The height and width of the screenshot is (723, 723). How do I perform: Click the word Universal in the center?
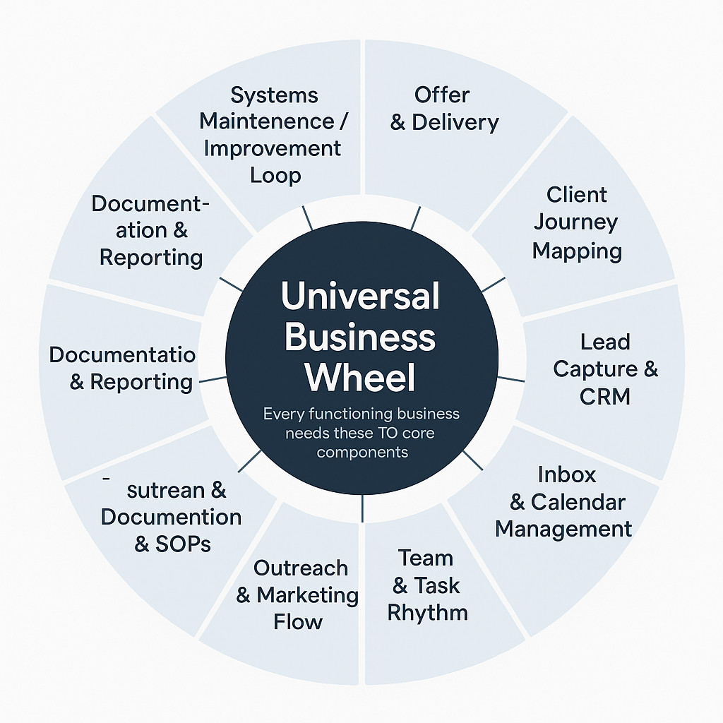tap(360, 296)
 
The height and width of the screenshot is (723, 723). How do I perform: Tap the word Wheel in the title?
tap(359, 377)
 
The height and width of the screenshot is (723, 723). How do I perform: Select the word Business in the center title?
tap(360, 337)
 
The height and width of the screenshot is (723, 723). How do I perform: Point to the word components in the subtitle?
tap(362, 453)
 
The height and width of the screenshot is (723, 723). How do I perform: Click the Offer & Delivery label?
tap(444, 108)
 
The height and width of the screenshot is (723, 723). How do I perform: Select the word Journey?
tap(576, 223)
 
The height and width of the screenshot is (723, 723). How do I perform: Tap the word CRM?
tap(604, 396)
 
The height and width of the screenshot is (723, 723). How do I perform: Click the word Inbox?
tap(567, 475)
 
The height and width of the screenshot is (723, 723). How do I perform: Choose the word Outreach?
tap(301, 568)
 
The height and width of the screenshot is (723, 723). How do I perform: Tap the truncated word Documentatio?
tap(122, 354)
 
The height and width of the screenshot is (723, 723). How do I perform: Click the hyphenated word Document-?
tap(150, 204)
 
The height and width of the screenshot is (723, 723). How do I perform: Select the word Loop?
tap(275, 176)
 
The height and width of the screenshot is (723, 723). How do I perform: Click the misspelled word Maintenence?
tap(266, 121)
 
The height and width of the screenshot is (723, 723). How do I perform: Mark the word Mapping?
tap(577, 252)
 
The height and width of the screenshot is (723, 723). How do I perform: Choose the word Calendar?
tap(578, 502)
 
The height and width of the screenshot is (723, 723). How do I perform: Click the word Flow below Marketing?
tap(298, 622)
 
